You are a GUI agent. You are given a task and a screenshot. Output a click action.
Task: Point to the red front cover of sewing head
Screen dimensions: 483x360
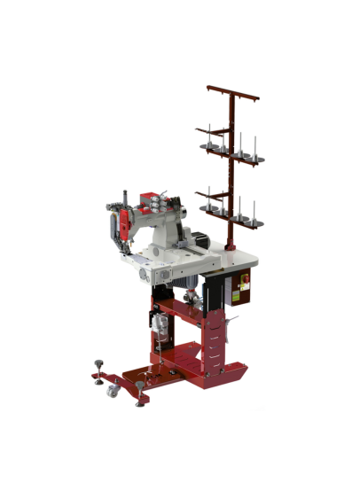[127, 222]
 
